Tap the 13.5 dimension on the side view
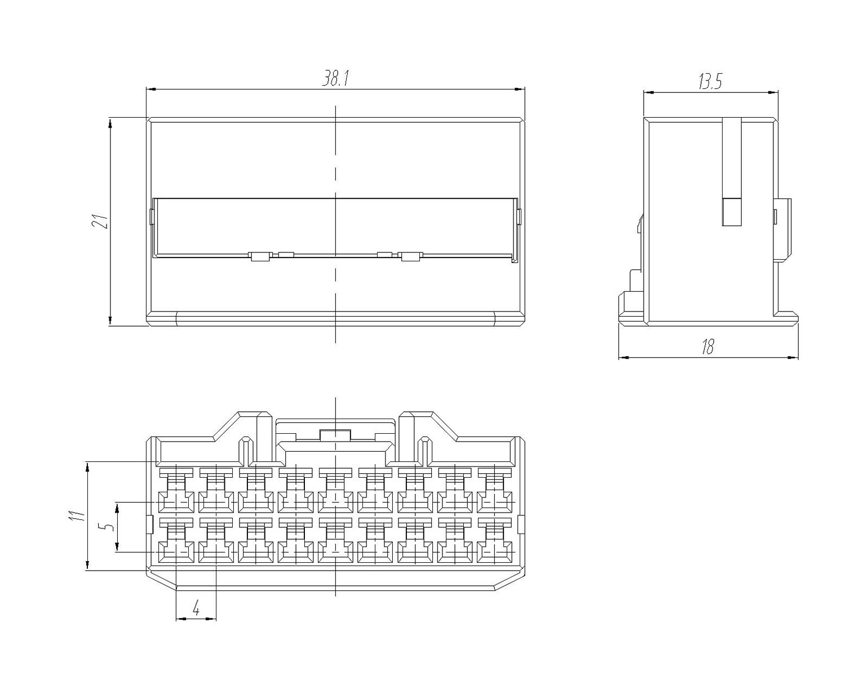(710, 82)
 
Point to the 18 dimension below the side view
(708, 347)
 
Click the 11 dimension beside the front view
(77, 515)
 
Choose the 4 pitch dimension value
(196, 607)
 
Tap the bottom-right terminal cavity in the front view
(494, 540)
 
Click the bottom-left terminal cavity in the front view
(176, 540)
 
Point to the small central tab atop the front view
(335, 435)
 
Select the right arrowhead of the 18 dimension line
(794, 357)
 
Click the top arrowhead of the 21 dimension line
(110, 123)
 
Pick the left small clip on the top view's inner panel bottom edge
(260, 256)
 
